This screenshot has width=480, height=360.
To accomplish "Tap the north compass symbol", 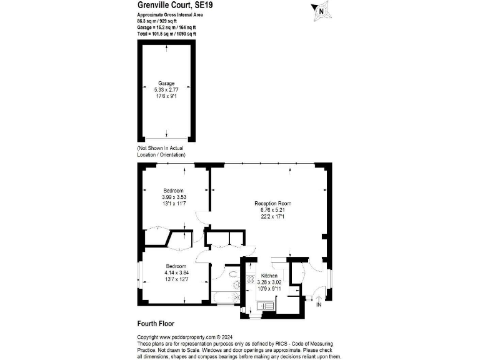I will [x=321, y=9].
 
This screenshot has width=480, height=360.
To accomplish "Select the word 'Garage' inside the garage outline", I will [x=166, y=83].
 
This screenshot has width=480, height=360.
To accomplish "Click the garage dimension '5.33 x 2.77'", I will [x=166, y=89].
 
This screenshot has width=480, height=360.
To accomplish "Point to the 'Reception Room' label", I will [x=272, y=204].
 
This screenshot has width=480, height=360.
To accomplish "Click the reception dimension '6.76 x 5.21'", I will [x=272, y=210].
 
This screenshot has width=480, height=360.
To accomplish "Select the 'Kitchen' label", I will [x=270, y=275].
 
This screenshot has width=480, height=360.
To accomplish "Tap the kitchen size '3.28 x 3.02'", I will [x=270, y=282].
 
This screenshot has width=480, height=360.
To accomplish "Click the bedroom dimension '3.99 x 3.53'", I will [x=174, y=197].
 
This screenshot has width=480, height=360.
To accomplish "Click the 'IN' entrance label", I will [x=319, y=306].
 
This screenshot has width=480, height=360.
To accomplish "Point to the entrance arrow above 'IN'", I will [x=319, y=297].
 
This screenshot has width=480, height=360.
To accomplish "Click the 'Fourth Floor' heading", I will [x=156, y=324].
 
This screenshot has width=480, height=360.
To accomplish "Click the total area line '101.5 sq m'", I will [x=167, y=34].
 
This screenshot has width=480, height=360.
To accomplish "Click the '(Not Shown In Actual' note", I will [x=161, y=147].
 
